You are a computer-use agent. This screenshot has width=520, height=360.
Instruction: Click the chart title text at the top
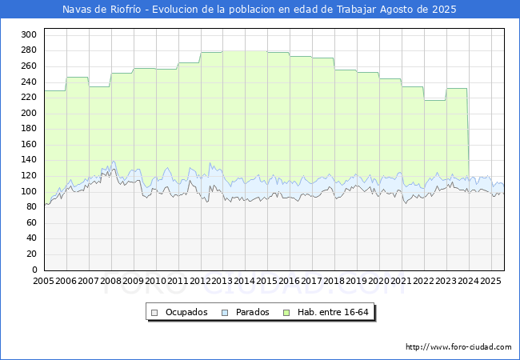[259, 10]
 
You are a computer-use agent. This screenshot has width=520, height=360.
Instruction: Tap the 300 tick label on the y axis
[29, 34]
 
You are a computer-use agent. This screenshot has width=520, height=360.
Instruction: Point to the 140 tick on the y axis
[29, 160]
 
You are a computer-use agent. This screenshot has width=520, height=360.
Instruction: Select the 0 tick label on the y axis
[34, 270]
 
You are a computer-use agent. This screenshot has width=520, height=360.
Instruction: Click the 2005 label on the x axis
[43, 281]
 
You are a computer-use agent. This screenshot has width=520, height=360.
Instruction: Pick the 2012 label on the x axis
[200, 281]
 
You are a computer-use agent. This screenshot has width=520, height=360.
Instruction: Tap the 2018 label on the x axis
[334, 281]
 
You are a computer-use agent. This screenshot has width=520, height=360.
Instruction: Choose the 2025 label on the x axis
[490, 281]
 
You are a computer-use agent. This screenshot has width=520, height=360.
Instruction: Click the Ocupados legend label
[186, 312]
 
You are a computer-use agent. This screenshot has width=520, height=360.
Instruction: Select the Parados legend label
[252, 312]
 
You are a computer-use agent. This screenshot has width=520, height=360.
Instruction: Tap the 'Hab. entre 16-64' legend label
[333, 312]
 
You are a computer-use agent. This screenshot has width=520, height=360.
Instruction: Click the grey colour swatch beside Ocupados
[154, 313]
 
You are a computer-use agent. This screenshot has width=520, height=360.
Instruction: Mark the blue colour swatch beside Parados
[225, 313]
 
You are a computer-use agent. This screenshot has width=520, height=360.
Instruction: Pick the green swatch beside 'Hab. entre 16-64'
[286, 313]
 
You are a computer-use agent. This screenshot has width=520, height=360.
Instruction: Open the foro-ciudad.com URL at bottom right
[458, 347]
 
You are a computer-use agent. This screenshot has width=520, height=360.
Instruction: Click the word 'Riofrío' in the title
[126, 10]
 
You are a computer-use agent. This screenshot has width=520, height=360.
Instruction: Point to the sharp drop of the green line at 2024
[468, 133]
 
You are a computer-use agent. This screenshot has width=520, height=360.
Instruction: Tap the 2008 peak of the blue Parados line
[114, 162]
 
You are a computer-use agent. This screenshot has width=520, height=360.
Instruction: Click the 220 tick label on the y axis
[29, 97]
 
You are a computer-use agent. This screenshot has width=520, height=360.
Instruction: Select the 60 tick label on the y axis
[31, 222]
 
